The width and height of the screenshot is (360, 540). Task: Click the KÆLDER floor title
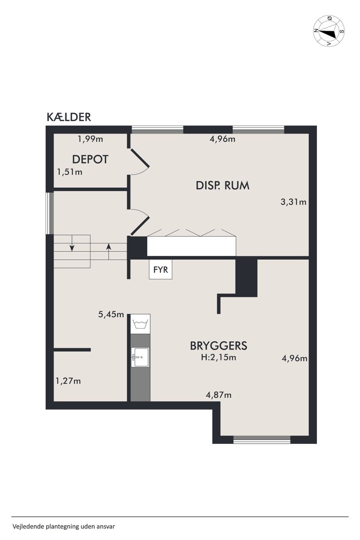tap(69, 117)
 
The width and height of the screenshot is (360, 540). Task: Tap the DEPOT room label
tap(90, 159)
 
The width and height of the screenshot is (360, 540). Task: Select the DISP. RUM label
tap(222, 186)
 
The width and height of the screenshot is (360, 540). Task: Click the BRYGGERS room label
tap(219, 346)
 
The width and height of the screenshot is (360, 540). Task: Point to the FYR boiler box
tap(161, 269)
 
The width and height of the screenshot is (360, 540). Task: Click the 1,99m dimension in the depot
tap(90, 139)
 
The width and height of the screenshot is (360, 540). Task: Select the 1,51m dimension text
tap(70, 172)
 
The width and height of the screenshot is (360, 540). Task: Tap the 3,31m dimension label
tap(293, 202)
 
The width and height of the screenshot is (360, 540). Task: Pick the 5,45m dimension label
tap(111, 314)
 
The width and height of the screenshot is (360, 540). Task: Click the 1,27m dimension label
tap(68, 381)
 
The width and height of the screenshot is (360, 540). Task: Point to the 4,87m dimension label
tap(219, 395)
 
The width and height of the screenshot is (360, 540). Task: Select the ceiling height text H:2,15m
tap(219, 357)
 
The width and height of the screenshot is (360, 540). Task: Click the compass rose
tap(329, 31)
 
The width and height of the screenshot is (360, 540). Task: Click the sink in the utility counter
tap(140, 357)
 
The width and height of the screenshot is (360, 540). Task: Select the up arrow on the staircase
tap(109, 251)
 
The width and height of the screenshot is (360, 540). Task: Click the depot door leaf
tap(140, 158)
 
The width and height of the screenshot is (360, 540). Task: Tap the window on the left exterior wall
tap(50, 213)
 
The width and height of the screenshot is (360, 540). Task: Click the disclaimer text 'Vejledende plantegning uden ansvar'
tap(64, 526)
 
